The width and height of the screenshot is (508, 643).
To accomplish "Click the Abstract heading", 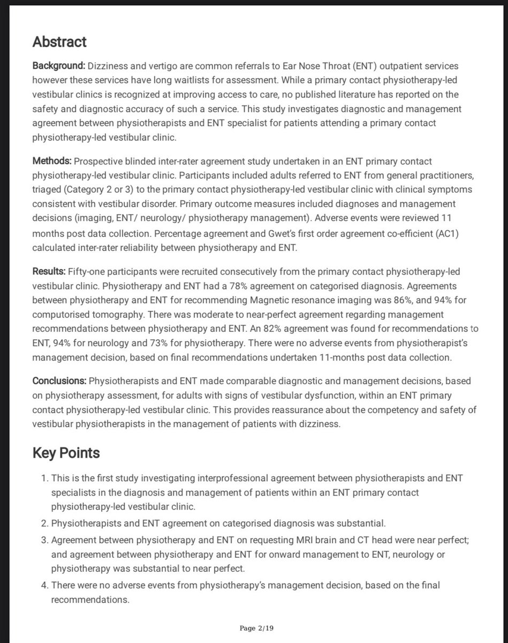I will coord(59,42).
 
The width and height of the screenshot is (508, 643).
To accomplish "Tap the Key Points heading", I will coord(66,453).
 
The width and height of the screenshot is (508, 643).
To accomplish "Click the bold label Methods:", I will coord(52,161).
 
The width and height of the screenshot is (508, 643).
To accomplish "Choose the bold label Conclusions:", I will coord(59,381).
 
